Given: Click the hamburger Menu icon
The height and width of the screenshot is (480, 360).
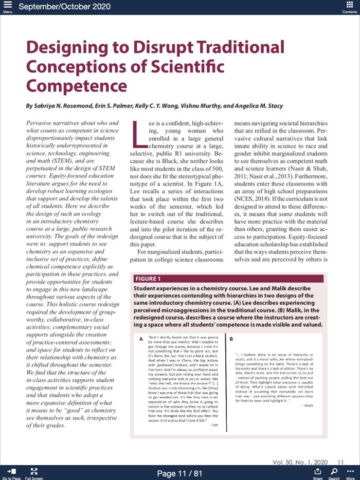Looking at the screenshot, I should click(7, 6).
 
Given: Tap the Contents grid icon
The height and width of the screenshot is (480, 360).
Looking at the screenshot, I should click(350, 6).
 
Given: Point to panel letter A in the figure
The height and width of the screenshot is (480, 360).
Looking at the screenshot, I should click(141, 339).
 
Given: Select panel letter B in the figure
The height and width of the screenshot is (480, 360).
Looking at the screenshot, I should click(231, 339).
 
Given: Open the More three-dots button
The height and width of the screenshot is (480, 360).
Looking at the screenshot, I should click(350, 471).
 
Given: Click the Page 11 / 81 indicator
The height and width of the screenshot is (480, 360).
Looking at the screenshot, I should click(179, 473).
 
